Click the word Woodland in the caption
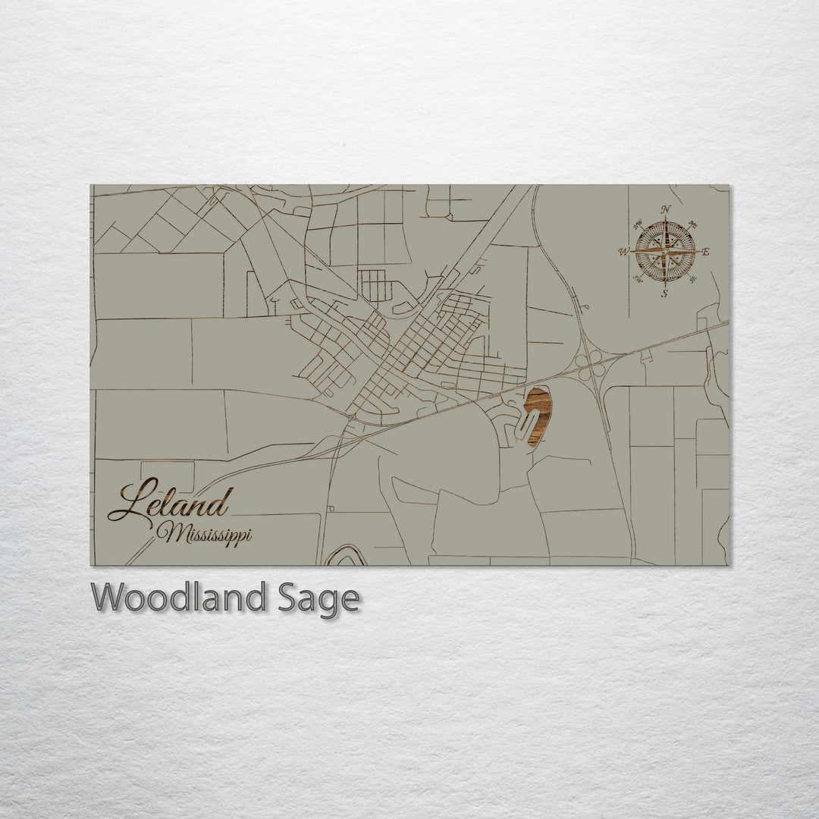178,598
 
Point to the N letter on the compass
666,210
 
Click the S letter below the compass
665,294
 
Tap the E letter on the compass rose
705,252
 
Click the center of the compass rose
665,251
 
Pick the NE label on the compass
692,224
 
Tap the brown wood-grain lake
538,416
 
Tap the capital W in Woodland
107,598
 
